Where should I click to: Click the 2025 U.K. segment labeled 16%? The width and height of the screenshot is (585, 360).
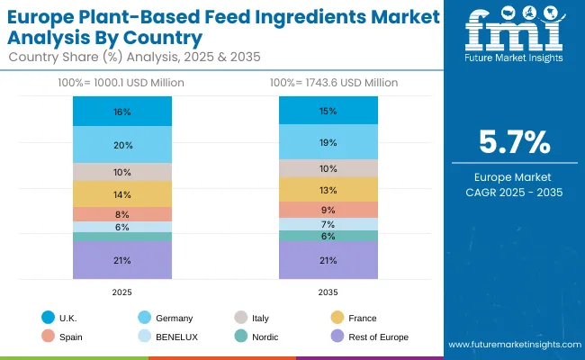coord(122,112)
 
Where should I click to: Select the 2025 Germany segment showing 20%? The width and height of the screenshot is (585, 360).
coord(122,145)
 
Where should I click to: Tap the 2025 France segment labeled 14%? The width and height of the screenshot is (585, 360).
coord(122,194)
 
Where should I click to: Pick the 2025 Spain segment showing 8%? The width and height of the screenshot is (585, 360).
coord(122,214)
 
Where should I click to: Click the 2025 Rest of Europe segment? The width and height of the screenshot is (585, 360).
coord(122,260)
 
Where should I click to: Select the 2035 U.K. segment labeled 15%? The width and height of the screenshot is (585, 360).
coord(328,111)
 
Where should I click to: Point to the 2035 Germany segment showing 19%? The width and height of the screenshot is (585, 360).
coord(328,142)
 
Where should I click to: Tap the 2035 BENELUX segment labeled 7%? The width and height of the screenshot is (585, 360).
coord(328,224)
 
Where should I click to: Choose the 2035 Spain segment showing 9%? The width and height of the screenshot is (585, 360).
coord(328,210)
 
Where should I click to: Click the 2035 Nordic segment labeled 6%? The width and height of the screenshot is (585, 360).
coord(328,236)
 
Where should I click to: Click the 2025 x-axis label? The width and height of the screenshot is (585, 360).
coord(122,292)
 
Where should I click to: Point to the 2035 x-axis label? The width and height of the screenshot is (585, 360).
coord(328,292)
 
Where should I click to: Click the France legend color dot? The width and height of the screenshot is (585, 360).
coord(337,318)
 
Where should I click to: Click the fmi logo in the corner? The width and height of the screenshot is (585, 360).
coord(512,35)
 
